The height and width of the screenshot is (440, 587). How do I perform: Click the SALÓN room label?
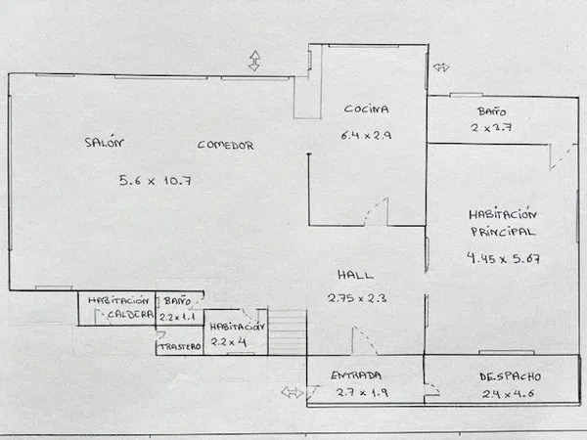point(104,142)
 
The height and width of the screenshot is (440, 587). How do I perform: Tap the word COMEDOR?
point(226,145)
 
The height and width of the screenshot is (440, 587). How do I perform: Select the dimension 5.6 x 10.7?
point(155,181)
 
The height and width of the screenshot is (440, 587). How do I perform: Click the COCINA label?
point(366,109)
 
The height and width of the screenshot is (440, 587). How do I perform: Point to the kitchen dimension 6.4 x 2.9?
point(366,135)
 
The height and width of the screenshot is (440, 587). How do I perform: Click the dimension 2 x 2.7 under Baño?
point(491,127)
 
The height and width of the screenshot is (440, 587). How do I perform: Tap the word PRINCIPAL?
point(503,232)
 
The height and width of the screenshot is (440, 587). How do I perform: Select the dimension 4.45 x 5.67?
point(503,258)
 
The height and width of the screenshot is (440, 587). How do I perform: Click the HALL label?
point(355,275)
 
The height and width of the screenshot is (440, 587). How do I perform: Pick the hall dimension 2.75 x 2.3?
point(357,298)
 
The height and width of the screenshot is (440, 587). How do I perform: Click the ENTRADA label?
point(356,375)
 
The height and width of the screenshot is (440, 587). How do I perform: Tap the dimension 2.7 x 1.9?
point(362,392)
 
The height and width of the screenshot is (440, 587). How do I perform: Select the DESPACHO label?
point(511,376)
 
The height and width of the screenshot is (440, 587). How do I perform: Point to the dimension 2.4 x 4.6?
point(508,394)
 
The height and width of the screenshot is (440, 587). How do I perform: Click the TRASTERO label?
point(180,347)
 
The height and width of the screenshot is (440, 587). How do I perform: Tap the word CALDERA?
point(130,314)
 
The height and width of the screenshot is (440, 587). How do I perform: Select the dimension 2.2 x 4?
point(228,341)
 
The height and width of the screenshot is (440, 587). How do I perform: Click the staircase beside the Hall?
point(287,331)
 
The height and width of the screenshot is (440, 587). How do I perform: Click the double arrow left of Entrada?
point(293,392)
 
